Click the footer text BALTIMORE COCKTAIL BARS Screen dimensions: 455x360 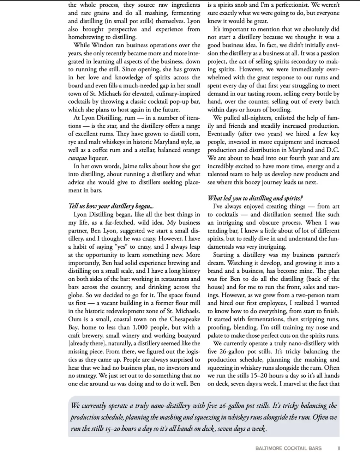tap(288, 448)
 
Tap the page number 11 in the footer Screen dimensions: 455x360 tap(338, 448)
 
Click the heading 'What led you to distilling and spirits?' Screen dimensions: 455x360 tap(255, 198)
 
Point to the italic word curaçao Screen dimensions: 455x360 tap(77, 158)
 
